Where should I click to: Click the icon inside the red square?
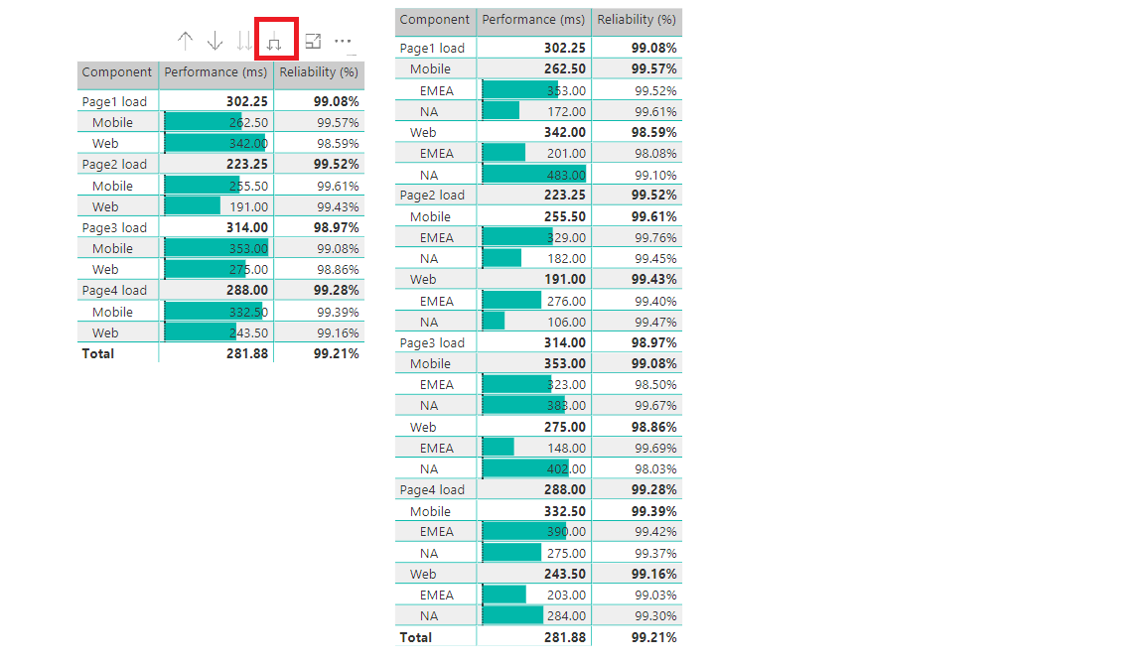(x=275, y=42)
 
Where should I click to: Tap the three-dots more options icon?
(x=343, y=42)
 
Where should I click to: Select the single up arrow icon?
(x=185, y=41)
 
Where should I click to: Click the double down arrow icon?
(x=244, y=42)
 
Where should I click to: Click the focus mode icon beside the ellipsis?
(x=313, y=42)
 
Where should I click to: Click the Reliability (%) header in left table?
(x=319, y=72)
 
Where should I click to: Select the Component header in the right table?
(x=435, y=20)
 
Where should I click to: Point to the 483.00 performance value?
(x=567, y=175)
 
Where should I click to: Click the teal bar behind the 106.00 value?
(x=494, y=322)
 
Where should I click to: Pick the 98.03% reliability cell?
(x=655, y=468)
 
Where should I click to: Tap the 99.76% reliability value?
(x=655, y=238)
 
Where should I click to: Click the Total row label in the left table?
(x=98, y=353)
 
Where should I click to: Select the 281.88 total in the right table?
(x=565, y=637)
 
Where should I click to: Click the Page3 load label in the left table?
(x=114, y=227)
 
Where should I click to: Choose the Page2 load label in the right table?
(x=432, y=196)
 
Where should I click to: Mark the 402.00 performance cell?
(x=567, y=468)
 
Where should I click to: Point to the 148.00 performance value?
(x=567, y=448)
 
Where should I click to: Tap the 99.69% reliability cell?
(x=655, y=448)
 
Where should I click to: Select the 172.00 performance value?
(x=567, y=111)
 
